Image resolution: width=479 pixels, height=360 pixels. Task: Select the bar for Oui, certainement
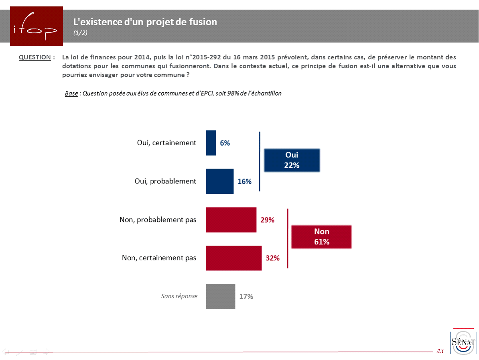coord(211,143)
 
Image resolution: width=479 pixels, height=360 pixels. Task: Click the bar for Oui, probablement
coord(220,181)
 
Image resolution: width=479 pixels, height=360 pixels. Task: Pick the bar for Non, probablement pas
coord(231,220)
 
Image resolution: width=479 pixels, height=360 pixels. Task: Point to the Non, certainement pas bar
coord(234,258)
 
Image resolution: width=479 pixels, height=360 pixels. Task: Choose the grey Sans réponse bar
coord(221,297)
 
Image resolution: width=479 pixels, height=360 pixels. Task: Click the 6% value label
coord(225,143)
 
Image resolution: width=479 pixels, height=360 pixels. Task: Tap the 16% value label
coord(244,181)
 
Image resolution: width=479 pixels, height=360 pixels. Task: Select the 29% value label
coord(268,220)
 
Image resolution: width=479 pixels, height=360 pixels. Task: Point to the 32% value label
coord(273,258)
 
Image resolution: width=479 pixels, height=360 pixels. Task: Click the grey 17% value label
coord(246,297)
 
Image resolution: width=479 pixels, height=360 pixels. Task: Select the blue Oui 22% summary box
coord(292,160)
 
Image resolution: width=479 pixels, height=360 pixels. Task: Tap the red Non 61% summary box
coord(321,237)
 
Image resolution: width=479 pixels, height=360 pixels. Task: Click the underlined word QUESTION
coord(35,57)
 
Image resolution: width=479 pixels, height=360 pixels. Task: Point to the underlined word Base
coord(71,94)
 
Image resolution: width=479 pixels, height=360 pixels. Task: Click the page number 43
coord(440,351)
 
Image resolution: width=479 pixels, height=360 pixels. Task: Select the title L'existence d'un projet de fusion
coord(145,22)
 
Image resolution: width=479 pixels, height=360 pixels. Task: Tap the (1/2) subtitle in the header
coord(80,33)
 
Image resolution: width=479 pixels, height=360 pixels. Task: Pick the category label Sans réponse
coord(179,296)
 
